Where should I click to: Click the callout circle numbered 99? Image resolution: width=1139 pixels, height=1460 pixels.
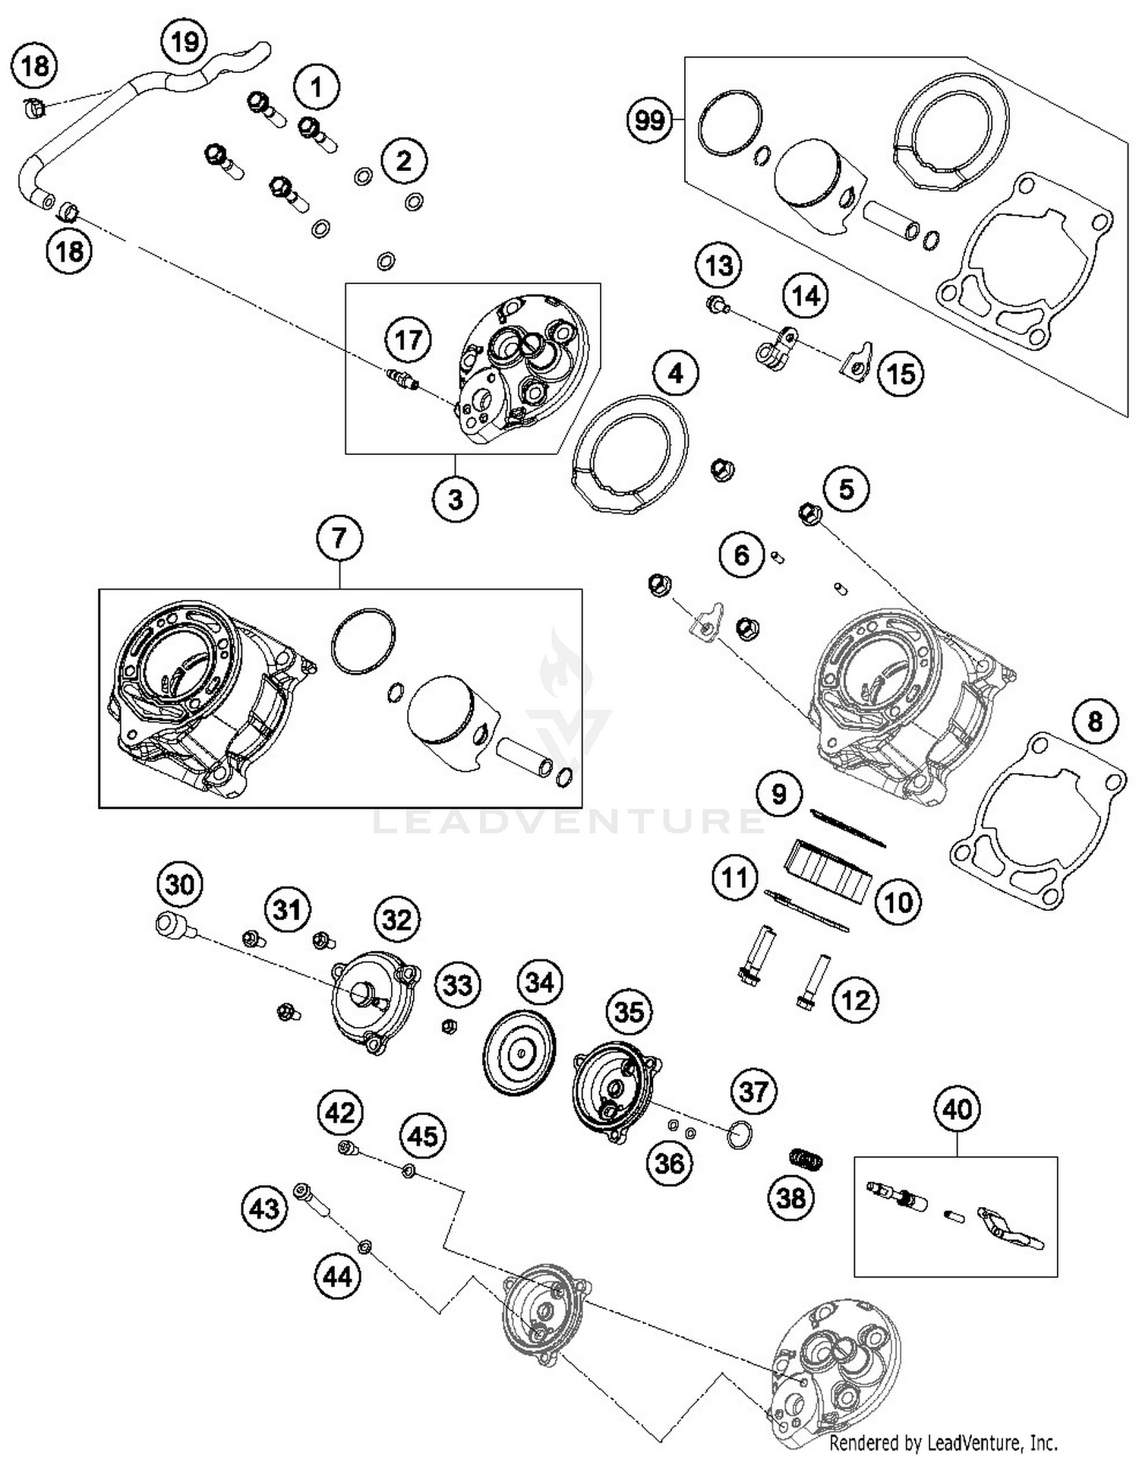[650, 120]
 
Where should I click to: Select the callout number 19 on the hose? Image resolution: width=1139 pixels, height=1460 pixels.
[185, 42]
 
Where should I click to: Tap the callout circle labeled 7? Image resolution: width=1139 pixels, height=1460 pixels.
[339, 539]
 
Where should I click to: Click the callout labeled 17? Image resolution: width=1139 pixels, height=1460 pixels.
[409, 340]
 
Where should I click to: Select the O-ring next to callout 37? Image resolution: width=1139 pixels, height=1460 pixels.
[739, 1136]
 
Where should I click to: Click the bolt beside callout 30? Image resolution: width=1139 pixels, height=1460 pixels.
[169, 924]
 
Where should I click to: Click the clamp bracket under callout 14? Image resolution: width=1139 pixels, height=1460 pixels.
[776, 350]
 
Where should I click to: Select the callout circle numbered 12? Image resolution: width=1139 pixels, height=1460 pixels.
[856, 1000]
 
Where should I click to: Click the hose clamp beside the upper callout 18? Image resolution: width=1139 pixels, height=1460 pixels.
[33, 108]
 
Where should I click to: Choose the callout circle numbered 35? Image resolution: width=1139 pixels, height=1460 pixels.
[629, 1012]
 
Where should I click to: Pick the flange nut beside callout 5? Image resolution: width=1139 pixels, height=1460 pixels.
[809, 514]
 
